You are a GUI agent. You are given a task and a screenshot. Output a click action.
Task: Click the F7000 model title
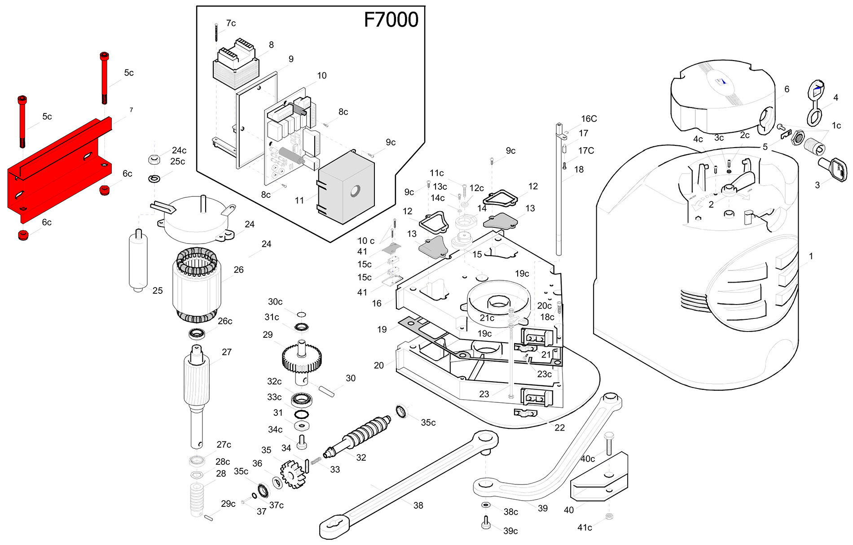coord(391,20)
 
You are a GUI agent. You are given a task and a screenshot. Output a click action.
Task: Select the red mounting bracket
coord(58,170)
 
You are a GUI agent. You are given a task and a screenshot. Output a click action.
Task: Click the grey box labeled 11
coord(346,188)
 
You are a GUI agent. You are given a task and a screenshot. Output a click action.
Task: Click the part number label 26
coord(238,270)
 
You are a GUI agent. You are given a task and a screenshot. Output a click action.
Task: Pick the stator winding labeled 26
coord(197,285)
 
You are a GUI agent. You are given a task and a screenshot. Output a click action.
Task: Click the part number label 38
coord(418,506)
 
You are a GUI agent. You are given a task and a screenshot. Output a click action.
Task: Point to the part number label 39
coord(543,508)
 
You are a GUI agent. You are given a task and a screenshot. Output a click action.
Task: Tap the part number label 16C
coord(589,119)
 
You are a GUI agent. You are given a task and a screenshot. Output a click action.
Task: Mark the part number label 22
coord(559,427)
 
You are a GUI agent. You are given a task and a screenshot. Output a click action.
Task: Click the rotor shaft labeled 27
coord(197,390)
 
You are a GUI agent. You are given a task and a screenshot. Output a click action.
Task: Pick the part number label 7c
coord(231,23)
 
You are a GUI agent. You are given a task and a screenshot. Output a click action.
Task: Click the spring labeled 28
coord(197,498)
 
